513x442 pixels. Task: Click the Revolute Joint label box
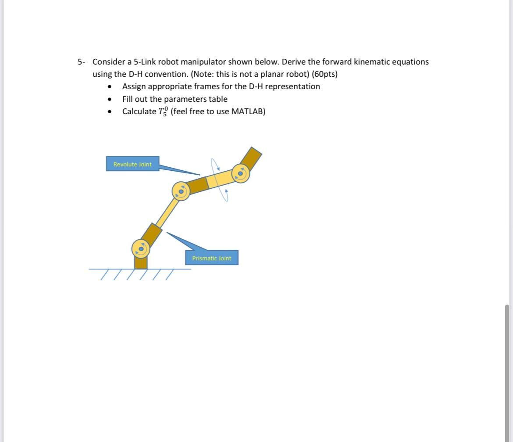(132, 164)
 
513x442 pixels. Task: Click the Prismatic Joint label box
(211, 258)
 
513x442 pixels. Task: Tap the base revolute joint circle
(141, 249)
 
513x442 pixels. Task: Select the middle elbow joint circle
(181, 191)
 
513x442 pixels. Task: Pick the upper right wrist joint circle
(240, 173)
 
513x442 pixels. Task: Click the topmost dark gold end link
(251, 157)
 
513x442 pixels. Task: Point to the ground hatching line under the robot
(139, 269)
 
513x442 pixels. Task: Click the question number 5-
(82, 62)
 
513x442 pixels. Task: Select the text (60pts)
(324, 74)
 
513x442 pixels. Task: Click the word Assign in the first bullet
(134, 86)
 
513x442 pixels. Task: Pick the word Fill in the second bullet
(128, 99)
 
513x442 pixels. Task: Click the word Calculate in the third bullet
(139, 111)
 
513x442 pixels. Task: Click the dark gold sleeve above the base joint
(152, 234)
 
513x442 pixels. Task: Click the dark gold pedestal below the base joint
(141, 262)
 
